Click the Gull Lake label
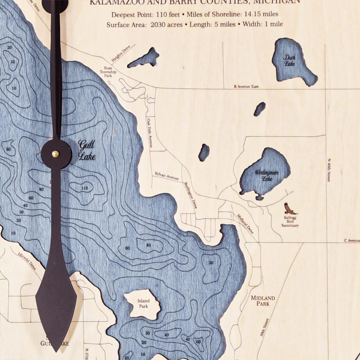click(x=87, y=150)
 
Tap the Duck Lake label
click(x=290, y=60)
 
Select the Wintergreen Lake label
click(x=266, y=176)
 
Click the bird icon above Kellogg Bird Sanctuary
click(x=290, y=208)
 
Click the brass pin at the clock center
click(x=55, y=154)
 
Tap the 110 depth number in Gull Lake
click(x=84, y=188)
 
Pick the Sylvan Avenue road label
click(x=166, y=176)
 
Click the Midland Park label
click(x=262, y=301)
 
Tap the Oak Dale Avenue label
click(x=150, y=133)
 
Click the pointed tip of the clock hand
click(x=56, y=351)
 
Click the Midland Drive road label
click(x=244, y=223)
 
